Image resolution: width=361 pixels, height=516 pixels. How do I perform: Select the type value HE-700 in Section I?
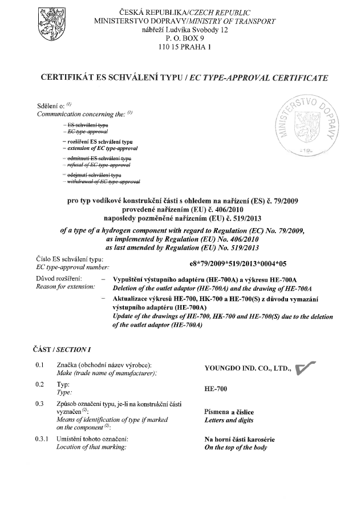(216, 389)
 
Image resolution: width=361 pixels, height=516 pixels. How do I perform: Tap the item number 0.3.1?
(40, 439)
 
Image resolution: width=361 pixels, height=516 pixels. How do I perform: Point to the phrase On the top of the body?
(235, 448)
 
